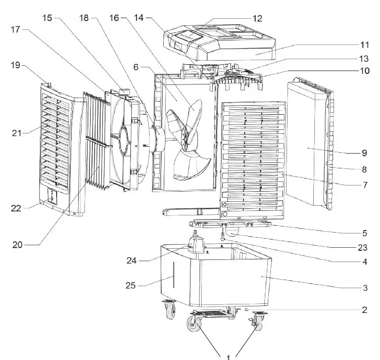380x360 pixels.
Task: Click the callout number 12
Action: (x=258, y=18)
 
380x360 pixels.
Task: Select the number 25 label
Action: (x=131, y=286)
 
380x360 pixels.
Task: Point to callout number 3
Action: (x=365, y=288)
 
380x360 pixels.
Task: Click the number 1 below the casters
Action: (x=228, y=356)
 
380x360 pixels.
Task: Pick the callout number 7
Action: (x=365, y=185)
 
